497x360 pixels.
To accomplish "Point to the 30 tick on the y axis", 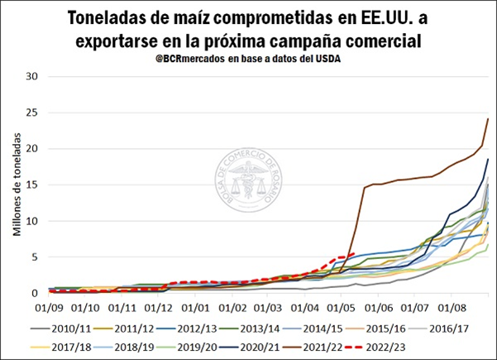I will (x=33, y=76).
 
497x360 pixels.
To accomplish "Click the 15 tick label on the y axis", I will (x=33, y=185).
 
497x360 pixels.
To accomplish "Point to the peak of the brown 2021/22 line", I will (x=488, y=119).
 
